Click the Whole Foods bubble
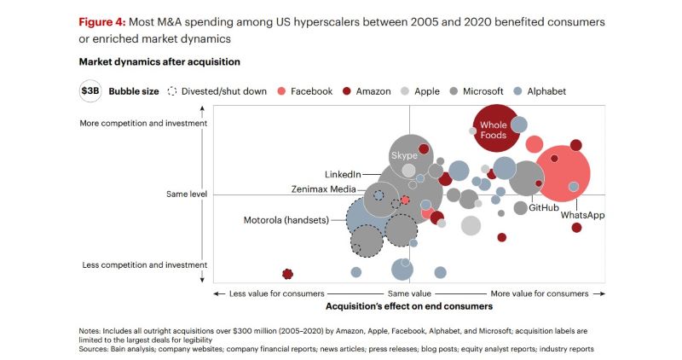click(x=494, y=130)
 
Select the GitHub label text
click(x=543, y=207)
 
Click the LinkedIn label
click(x=344, y=173)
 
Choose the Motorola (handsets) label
click(x=286, y=220)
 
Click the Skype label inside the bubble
click(x=404, y=155)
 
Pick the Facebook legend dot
click(x=281, y=91)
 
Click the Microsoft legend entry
click(x=483, y=91)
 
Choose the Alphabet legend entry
click(x=546, y=91)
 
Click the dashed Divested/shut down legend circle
click(x=173, y=91)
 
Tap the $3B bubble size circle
click(x=90, y=91)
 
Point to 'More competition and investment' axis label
click(x=143, y=124)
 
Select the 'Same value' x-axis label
click(x=410, y=293)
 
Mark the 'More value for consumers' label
click(x=539, y=293)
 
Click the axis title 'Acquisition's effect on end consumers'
click(x=409, y=305)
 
